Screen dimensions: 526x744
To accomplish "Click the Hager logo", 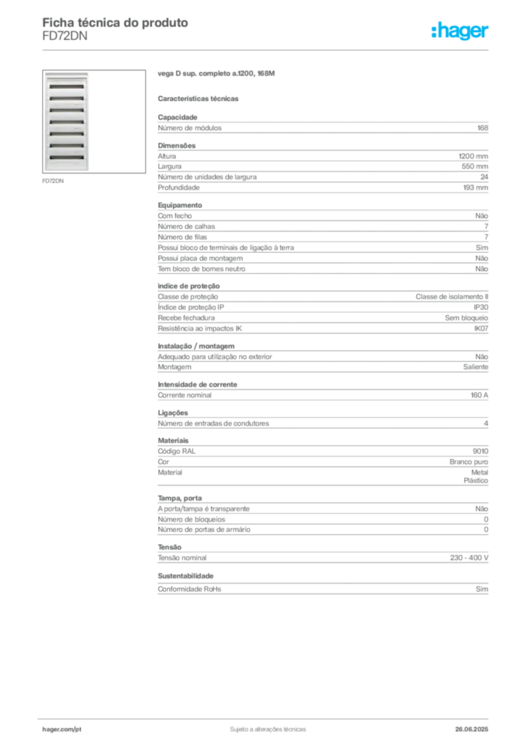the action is tap(460, 31).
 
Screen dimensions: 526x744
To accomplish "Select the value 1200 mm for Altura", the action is tap(473, 156).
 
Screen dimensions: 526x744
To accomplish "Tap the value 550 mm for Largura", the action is tap(474, 166).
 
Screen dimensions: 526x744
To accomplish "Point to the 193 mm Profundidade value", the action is tap(475, 187).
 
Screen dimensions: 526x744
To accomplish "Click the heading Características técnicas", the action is tap(198, 99).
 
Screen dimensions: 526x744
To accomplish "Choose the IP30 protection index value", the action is tap(481, 307).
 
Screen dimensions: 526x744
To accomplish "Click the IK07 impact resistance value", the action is tap(481, 328).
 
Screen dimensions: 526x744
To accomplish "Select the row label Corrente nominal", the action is tap(185, 395).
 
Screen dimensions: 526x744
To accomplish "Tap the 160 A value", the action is tap(479, 395).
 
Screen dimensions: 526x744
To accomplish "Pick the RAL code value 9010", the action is tap(480, 451).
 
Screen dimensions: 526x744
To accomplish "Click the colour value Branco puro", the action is tap(469, 461).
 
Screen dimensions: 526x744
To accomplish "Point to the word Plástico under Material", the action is tap(476, 481).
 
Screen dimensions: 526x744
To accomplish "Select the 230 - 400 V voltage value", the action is tap(469, 557).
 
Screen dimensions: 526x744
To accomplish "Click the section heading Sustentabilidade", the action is tap(185, 575).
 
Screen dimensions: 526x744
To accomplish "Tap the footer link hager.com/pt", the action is tap(62, 729).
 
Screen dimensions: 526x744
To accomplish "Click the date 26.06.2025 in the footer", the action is tap(472, 729).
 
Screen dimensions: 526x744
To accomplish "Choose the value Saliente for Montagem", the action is tap(475, 367).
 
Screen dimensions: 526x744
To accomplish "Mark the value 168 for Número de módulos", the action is tap(482, 128).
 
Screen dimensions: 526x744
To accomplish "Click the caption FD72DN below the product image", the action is tap(52, 181).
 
